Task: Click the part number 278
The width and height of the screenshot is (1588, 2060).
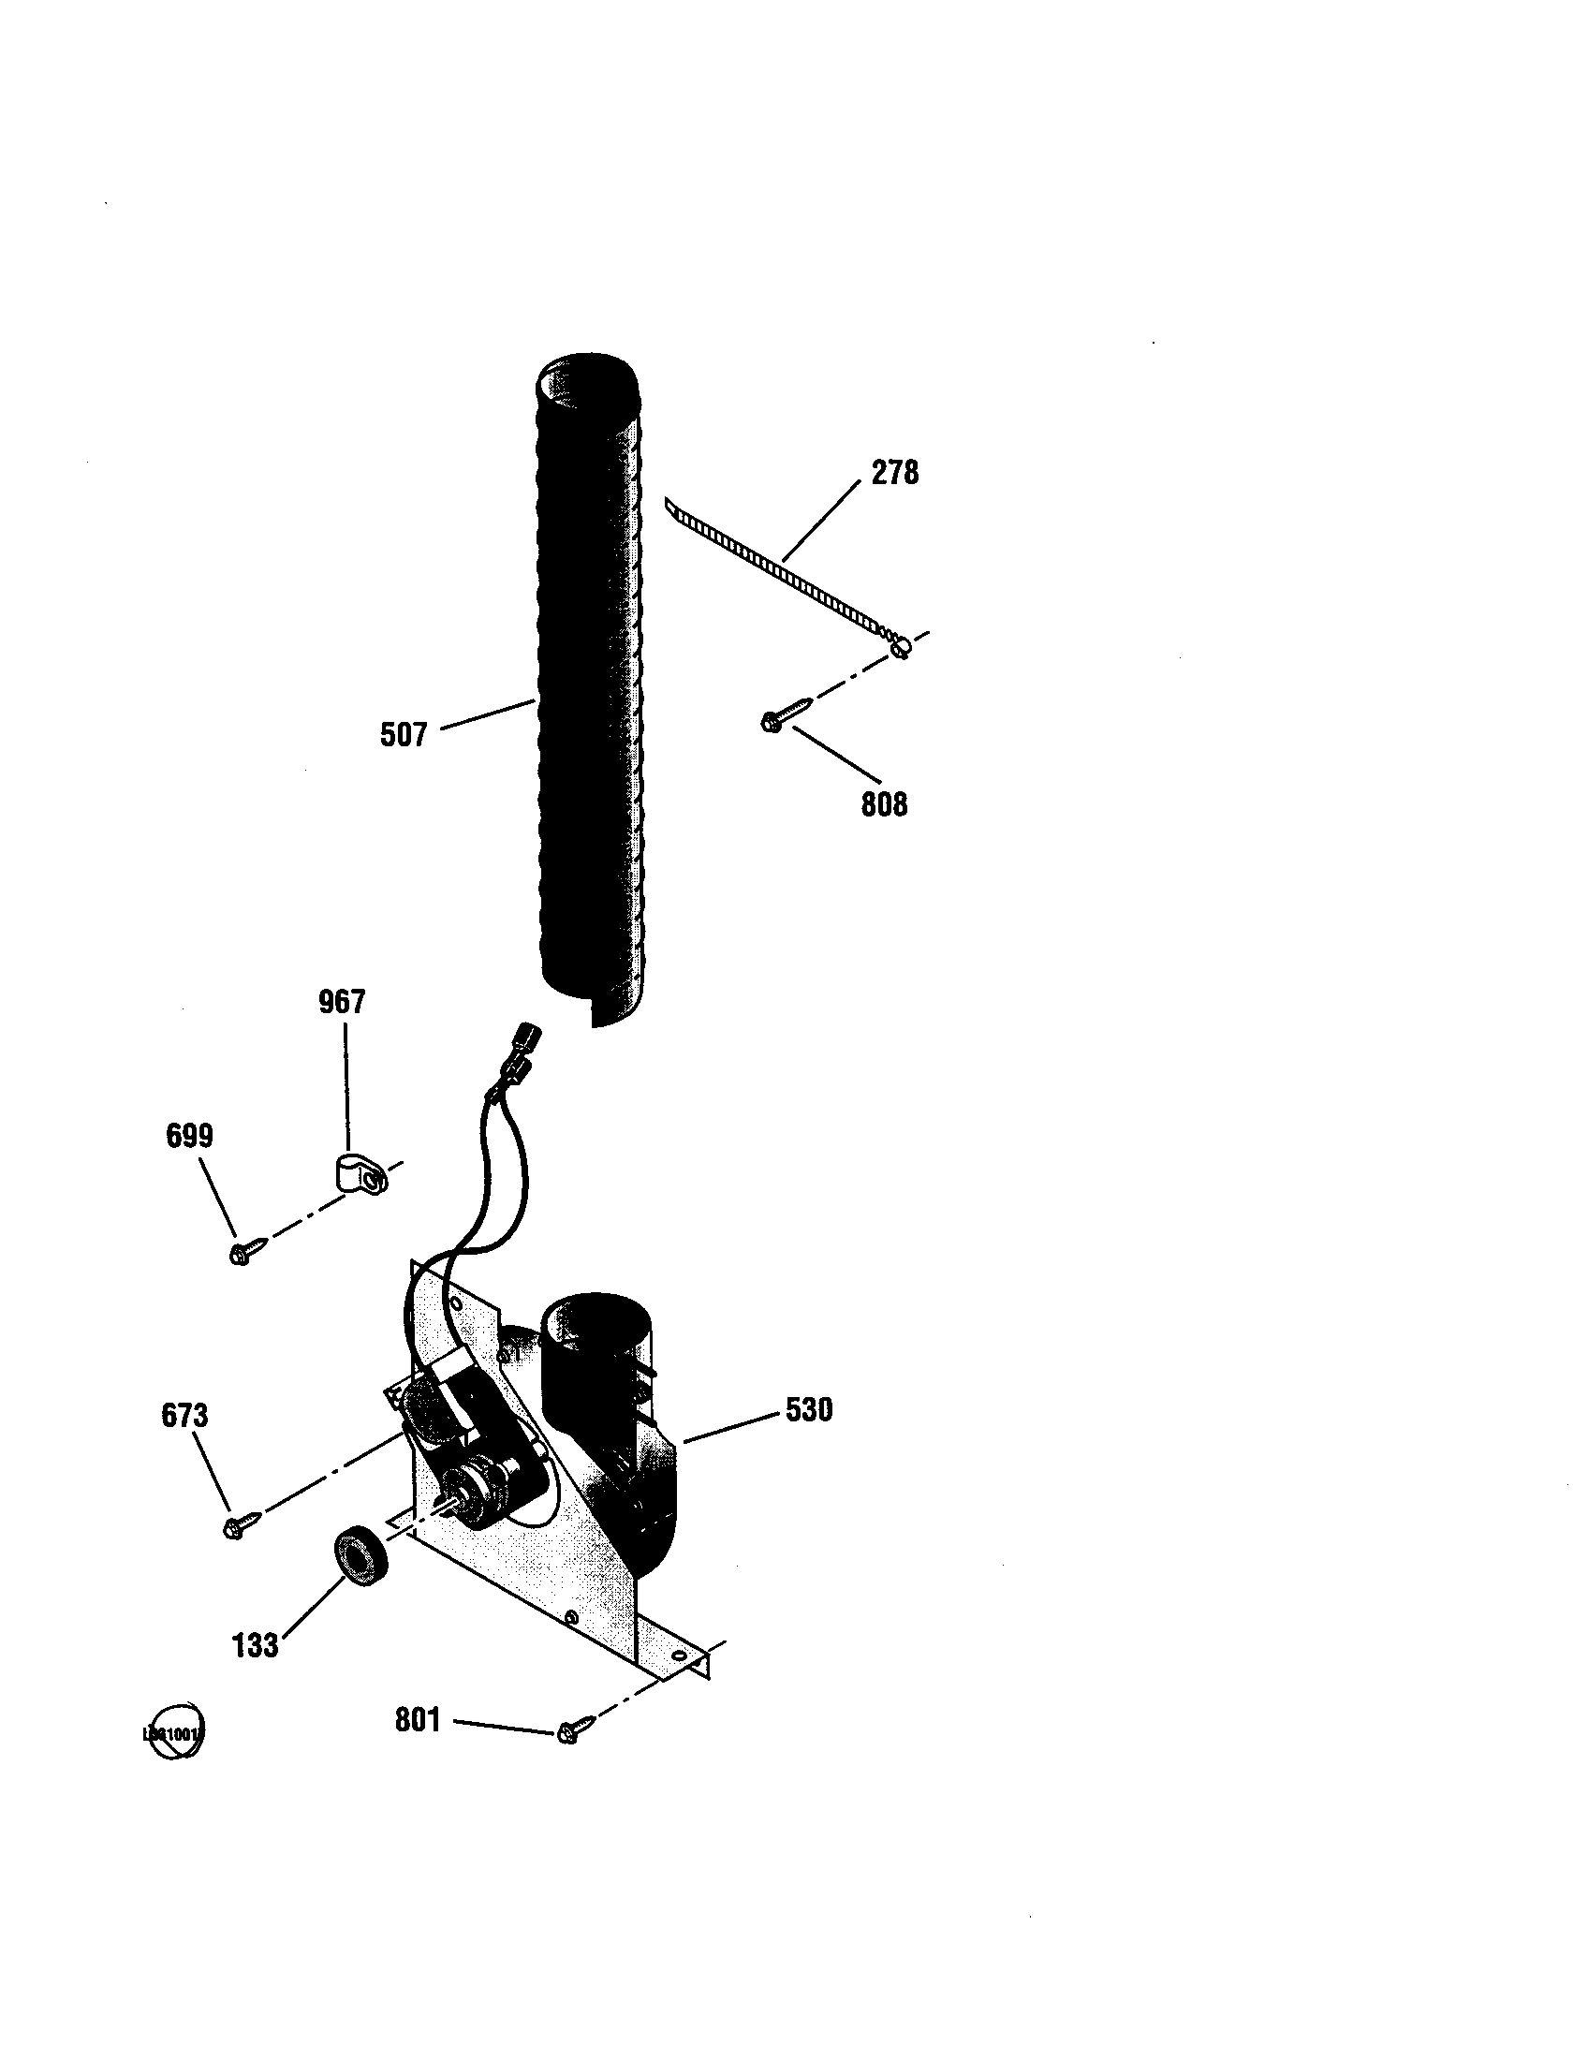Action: pos(894,473)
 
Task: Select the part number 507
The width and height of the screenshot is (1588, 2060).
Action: pos(404,735)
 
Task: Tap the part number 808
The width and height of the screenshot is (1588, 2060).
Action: pos(884,803)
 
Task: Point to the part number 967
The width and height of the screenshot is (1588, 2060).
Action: pos(342,1002)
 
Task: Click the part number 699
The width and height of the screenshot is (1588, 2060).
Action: pos(189,1136)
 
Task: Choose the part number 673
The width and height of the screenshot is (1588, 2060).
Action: pos(184,1416)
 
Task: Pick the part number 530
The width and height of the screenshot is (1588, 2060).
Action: pos(809,1410)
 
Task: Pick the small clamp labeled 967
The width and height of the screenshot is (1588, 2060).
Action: pos(362,1175)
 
